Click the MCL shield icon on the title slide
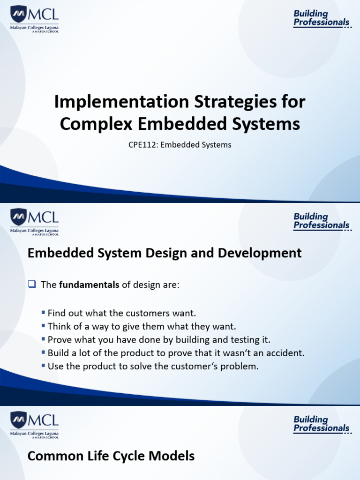pos(19,15)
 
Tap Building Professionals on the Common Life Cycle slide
pos(322,424)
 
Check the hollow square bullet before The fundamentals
pos(32,285)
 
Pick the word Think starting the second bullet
pos(58,326)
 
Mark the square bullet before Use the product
pos(44,366)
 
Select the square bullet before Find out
pos(44,313)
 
